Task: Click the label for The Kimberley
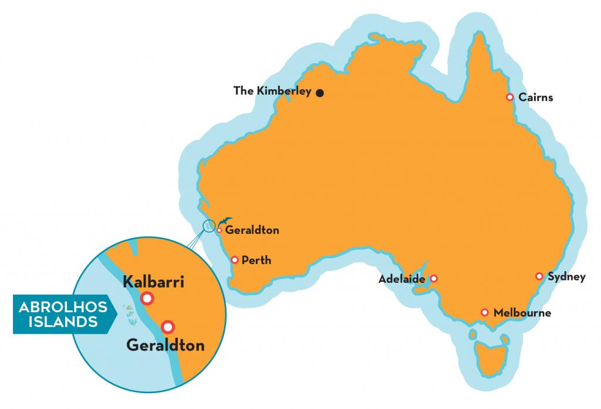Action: point(272,91)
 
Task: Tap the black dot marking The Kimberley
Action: point(320,93)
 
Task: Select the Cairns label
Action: point(536,97)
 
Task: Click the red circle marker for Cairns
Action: point(510,97)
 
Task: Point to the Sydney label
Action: point(566,277)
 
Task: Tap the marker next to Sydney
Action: point(539,276)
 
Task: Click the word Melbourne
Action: point(522,313)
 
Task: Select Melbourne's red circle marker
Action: point(485,313)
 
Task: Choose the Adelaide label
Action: point(401,279)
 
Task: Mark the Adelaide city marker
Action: point(434,279)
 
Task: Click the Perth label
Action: point(256,260)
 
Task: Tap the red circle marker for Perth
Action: point(235,259)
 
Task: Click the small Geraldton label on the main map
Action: point(252,231)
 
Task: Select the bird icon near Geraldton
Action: point(225,221)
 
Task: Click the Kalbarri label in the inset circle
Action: point(154,282)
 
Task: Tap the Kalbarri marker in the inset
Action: point(147,299)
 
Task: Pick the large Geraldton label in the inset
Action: point(166,345)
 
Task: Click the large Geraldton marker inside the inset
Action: point(168,327)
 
